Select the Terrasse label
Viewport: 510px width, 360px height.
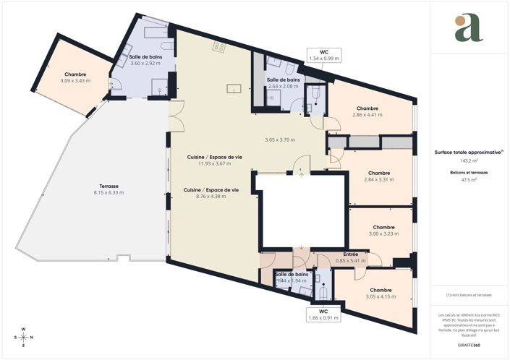click(x=106, y=186)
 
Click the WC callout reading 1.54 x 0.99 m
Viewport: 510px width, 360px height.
click(x=324, y=55)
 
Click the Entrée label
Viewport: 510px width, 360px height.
click(x=351, y=254)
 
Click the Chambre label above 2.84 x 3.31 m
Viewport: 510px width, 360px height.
click(x=379, y=173)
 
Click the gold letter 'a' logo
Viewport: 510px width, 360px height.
click(x=469, y=28)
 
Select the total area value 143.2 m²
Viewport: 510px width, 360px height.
click(x=469, y=161)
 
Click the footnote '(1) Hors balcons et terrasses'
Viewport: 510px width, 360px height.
click(x=469, y=295)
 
